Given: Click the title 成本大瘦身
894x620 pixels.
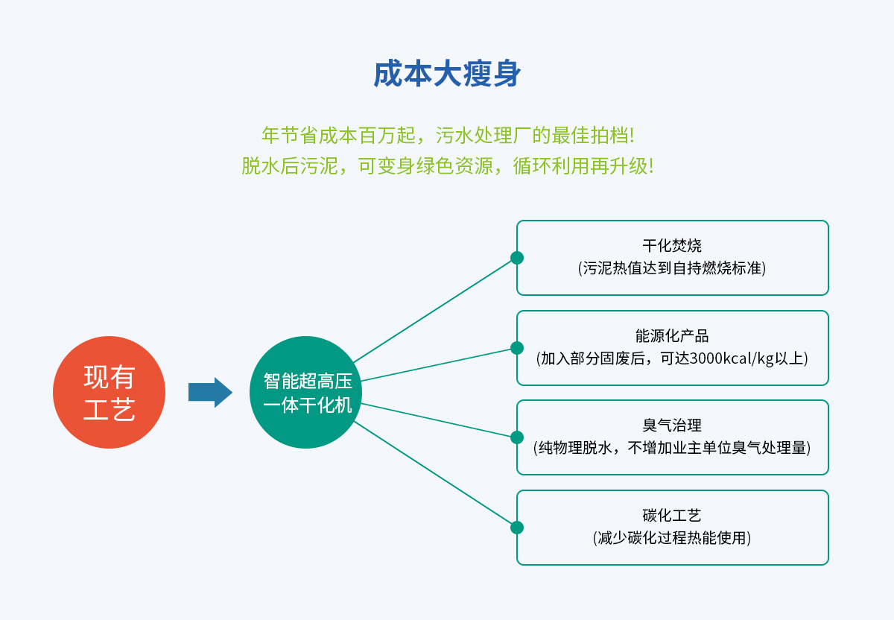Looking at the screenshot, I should pos(447,75).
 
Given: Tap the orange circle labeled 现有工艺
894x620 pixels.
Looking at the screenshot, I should pos(109,392).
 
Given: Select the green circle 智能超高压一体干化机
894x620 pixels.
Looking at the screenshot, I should pos(305,392).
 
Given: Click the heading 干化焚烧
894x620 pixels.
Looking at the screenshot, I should pos(672,245).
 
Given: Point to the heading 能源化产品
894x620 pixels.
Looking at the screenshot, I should pos(672,335).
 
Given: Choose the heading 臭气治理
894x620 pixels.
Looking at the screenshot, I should pos(672,426).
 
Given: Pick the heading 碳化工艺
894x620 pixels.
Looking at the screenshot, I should pos(672,515).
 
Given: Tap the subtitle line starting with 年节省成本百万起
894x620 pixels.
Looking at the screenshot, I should pos(448,136).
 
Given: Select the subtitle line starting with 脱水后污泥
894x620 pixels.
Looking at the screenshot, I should pos(447,165).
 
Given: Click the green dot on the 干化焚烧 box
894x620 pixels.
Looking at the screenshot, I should pos(517,258).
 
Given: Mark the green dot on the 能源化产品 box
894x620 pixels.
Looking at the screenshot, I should pos(517,348).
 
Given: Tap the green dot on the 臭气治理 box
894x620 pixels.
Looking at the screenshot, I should pos(517,437).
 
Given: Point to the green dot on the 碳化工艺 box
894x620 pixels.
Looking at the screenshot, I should pos(517,528).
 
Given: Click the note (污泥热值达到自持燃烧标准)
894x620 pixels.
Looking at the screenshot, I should pos(672,268).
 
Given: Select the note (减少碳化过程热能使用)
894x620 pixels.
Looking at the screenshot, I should pos(672,537).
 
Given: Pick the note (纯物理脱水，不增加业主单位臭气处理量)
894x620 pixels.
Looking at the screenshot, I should pos(672,448).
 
